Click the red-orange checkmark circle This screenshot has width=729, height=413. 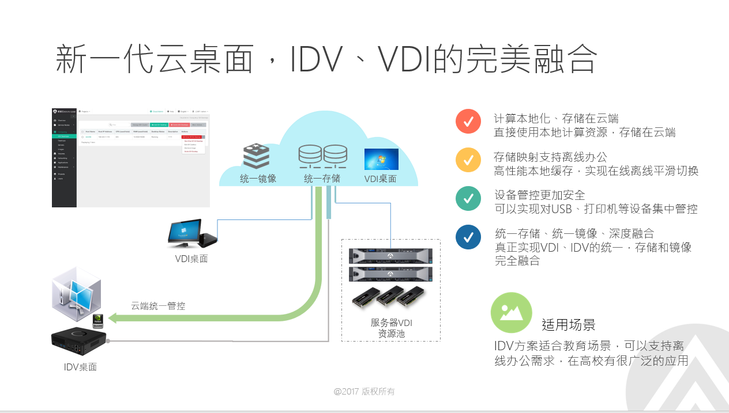coord(468,122)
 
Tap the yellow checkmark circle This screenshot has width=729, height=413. coord(468,160)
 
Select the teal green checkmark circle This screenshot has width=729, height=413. coord(468,198)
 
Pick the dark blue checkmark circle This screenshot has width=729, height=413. coord(468,237)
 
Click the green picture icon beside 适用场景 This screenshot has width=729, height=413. coord(511,312)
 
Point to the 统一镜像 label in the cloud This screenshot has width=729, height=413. coord(258,179)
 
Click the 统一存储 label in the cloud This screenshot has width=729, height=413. coord(322,179)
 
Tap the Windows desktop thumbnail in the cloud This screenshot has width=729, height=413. coord(381,160)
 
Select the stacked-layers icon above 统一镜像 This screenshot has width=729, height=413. coord(256,156)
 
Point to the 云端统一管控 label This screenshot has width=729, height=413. coord(158,306)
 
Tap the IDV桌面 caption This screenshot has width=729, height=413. coord(80,367)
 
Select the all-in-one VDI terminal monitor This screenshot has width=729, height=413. coord(185,232)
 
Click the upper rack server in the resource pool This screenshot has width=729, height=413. coord(390,255)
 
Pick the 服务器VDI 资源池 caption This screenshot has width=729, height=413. coord(391,328)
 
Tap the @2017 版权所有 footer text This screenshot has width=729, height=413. coord(364,392)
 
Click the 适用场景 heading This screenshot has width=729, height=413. coord(568,324)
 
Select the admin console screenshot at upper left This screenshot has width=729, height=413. coord(130,156)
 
